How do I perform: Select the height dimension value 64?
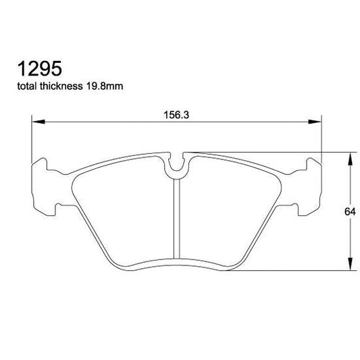pyautogui.click(x=349, y=212)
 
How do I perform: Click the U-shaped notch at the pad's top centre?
pyautogui.click(x=177, y=165)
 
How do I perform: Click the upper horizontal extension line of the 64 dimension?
pyautogui.click(x=270, y=152)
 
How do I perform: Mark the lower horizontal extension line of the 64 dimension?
pyautogui.click(x=297, y=272)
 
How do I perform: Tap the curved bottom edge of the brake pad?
pyautogui.click(x=177, y=261)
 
